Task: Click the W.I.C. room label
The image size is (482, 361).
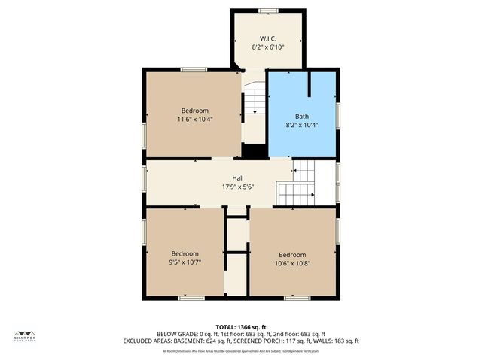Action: pos(267,38)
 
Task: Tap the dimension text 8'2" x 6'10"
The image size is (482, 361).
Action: pos(267,47)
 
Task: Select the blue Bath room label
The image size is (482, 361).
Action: pos(301,117)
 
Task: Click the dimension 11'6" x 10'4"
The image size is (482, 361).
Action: pos(194,119)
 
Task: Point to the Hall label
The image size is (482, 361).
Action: pos(237,178)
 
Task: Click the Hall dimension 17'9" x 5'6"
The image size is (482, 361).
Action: pos(237,187)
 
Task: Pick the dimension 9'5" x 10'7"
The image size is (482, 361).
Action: pos(185,262)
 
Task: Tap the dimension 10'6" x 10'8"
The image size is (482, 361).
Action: pos(292,263)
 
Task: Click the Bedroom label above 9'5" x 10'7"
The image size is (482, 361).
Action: pos(185,253)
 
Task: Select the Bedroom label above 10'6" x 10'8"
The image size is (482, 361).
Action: pos(292,254)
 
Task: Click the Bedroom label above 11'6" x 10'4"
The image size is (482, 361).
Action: pos(194,110)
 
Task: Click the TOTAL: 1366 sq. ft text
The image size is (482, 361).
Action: pos(240,326)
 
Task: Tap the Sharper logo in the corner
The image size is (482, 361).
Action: pos(25,336)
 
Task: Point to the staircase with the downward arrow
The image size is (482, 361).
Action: pos(255,102)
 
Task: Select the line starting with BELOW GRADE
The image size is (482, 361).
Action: pos(240,334)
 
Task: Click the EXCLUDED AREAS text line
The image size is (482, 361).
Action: pos(240,341)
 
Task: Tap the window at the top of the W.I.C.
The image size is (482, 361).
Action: pos(267,11)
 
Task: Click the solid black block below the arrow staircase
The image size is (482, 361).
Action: pos(255,150)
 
